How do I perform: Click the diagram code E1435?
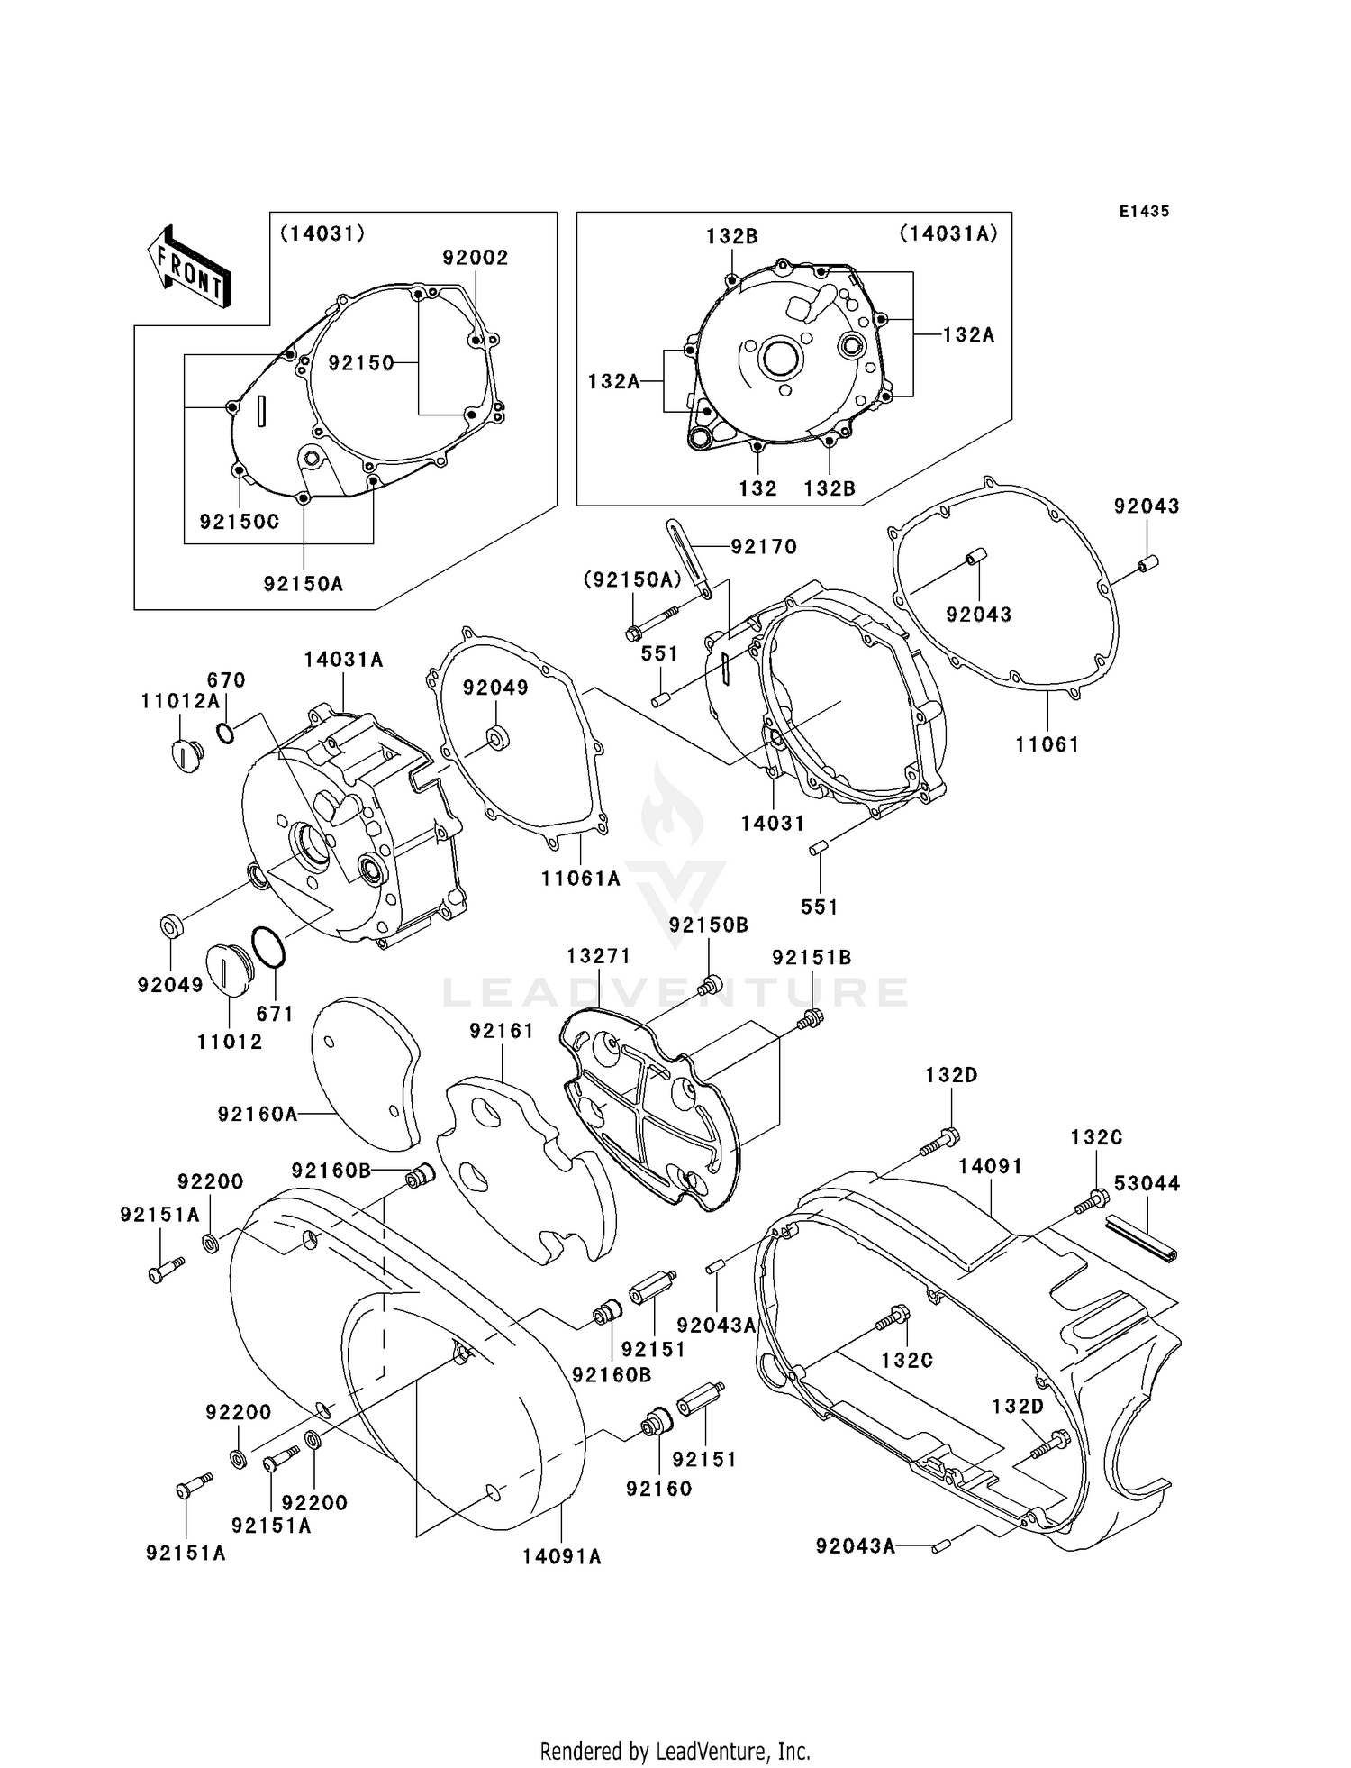(1144, 212)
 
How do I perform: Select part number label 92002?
(475, 258)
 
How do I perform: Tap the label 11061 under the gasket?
(1047, 744)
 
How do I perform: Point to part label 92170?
(764, 546)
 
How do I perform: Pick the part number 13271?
(598, 956)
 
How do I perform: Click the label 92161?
(502, 1031)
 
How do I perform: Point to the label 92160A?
(257, 1115)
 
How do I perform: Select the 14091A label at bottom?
(561, 1556)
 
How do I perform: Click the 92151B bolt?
(812, 1019)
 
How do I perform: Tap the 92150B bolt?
(711, 984)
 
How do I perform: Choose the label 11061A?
(580, 879)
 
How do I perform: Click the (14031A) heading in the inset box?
(948, 233)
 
